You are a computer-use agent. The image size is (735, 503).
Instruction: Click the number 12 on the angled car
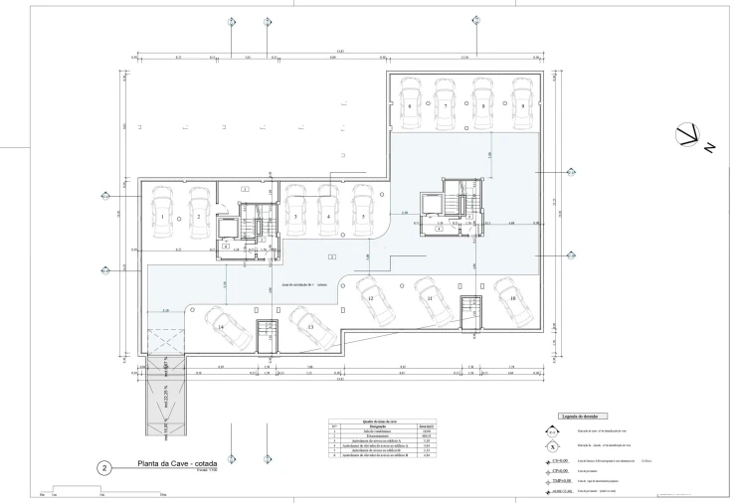[x=370, y=299]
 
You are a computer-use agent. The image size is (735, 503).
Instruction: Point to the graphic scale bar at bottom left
[x=99, y=492]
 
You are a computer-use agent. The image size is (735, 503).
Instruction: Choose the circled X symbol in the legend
[x=551, y=448]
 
